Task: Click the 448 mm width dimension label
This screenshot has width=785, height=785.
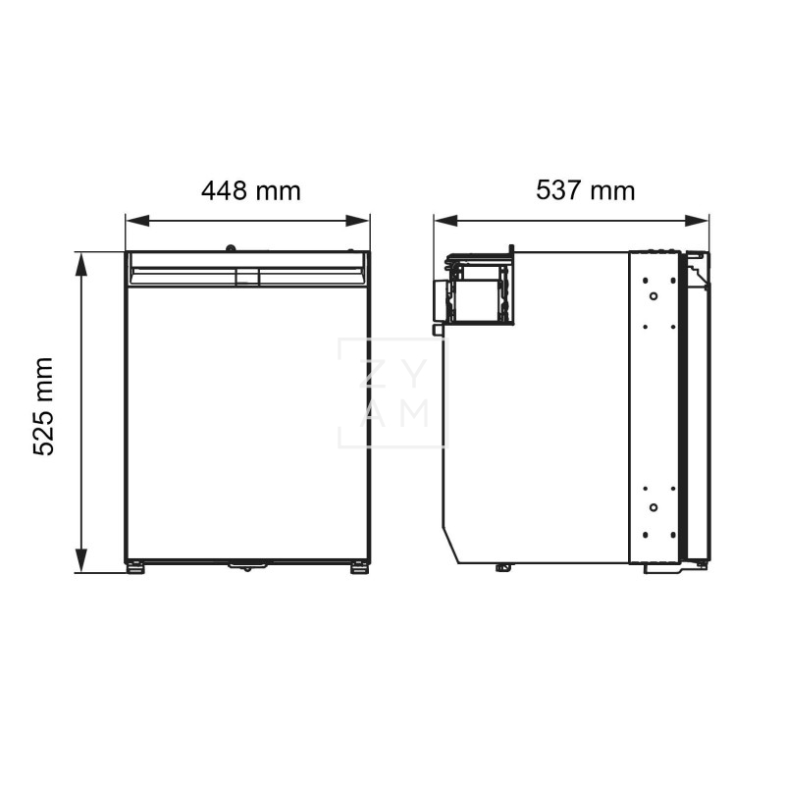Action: [250, 190]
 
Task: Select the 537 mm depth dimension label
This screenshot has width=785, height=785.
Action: [585, 190]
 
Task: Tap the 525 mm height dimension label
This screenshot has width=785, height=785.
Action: [43, 406]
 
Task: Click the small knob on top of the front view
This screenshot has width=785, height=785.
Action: [231, 248]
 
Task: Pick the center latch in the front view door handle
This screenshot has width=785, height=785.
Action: [247, 277]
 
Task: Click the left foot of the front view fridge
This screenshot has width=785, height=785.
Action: [135, 567]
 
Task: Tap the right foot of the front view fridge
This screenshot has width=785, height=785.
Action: [360, 567]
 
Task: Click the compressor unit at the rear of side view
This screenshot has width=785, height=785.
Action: [477, 288]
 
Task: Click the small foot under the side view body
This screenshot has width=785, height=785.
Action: [502, 566]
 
